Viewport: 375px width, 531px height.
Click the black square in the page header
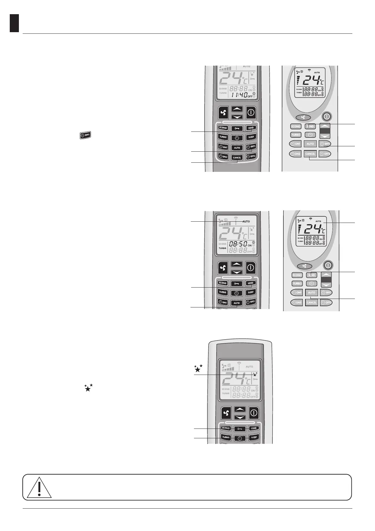(x=14, y=23)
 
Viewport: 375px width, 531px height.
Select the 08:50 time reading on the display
(x=238, y=244)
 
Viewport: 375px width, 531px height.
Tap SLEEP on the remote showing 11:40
(x=251, y=137)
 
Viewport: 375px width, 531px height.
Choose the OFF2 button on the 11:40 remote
(x=251, y=156)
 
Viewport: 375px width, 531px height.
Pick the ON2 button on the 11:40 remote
(x=223, y=157)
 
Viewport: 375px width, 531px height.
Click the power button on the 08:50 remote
(x=251, y=268)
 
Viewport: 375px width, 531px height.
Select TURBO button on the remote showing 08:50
(x=223, y=292)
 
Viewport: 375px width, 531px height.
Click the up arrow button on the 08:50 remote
(x=237, y=264)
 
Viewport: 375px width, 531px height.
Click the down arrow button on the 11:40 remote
(x=237, y=117)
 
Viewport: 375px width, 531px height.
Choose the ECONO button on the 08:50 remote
(x=223, y=283)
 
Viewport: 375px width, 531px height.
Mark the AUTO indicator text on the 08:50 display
(x=246, y=221)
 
